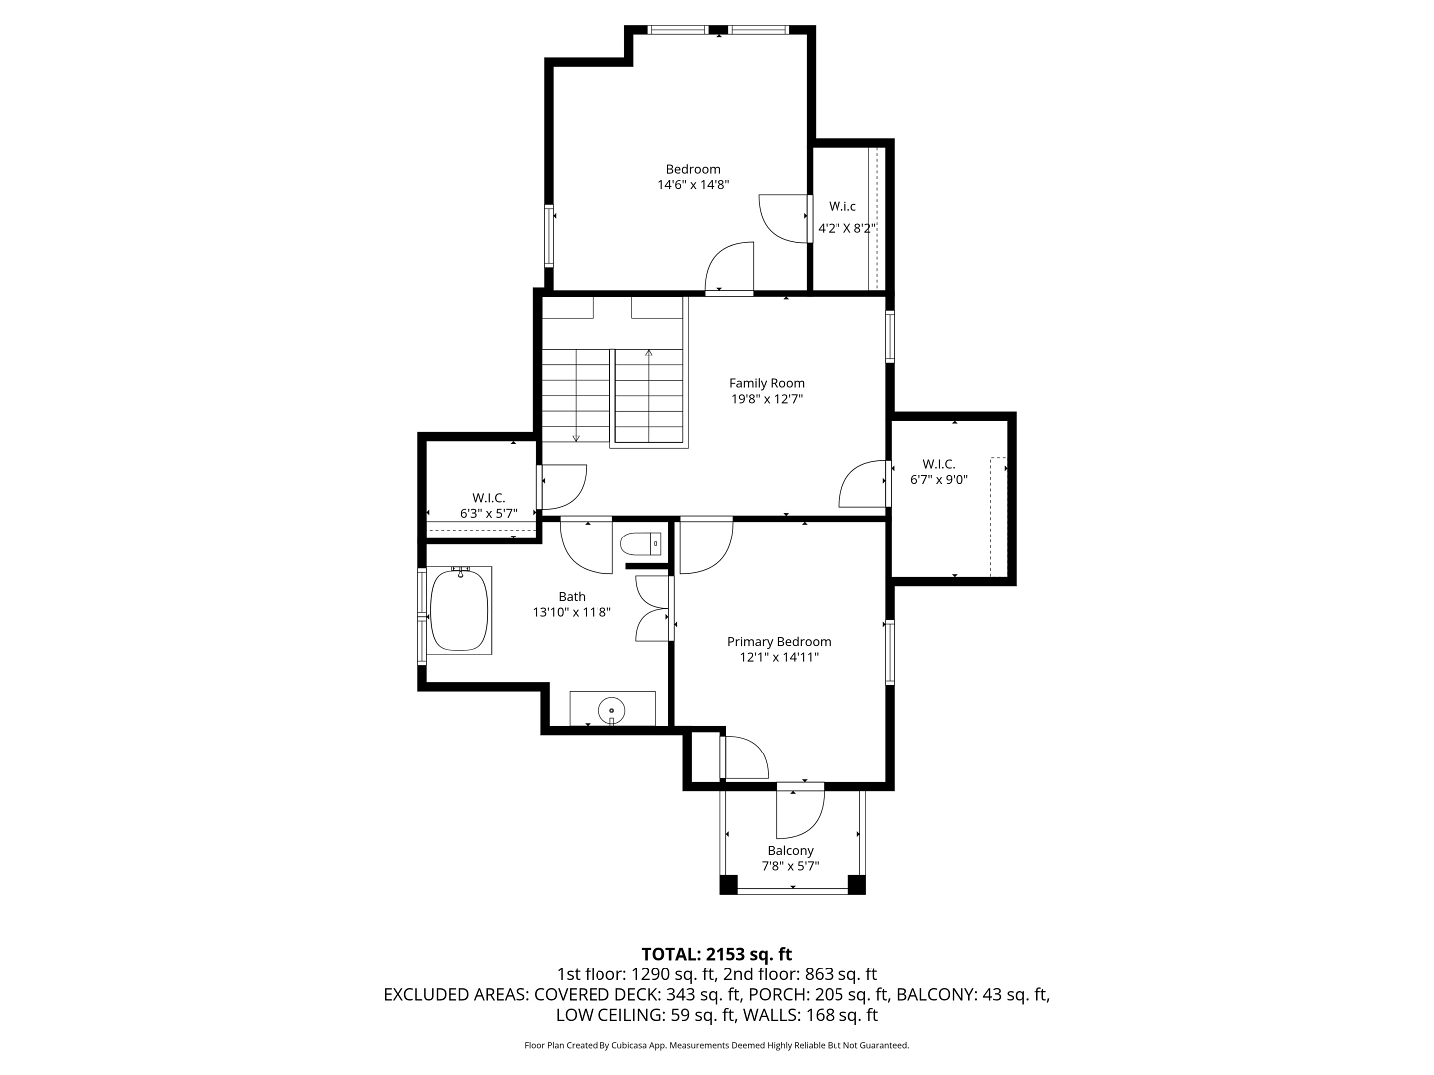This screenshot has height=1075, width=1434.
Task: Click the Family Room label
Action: coord(767,384)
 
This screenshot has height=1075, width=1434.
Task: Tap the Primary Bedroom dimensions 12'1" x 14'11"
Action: coord(779,657)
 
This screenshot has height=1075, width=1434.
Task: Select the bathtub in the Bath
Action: coord(459,610)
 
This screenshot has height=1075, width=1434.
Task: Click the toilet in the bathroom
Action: coord(641,543)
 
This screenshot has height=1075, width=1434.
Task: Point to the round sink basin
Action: coord(612,709)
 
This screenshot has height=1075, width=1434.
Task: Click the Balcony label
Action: coord(790,851)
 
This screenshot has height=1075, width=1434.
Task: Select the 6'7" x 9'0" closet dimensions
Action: coord(939,480)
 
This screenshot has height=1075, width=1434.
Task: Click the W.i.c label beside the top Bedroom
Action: coord(842,207)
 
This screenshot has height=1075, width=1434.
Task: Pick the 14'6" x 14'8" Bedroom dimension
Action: coord(693,185)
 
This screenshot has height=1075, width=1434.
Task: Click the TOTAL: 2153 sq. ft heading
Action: coord(717,955)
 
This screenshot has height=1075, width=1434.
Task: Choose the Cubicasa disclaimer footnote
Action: coord(717,1045)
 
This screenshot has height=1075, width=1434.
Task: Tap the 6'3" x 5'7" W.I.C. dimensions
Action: coord(489,514)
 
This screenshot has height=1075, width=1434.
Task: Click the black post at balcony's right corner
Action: coord(856,885)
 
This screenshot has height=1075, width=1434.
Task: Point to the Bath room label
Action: coord(572,597)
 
